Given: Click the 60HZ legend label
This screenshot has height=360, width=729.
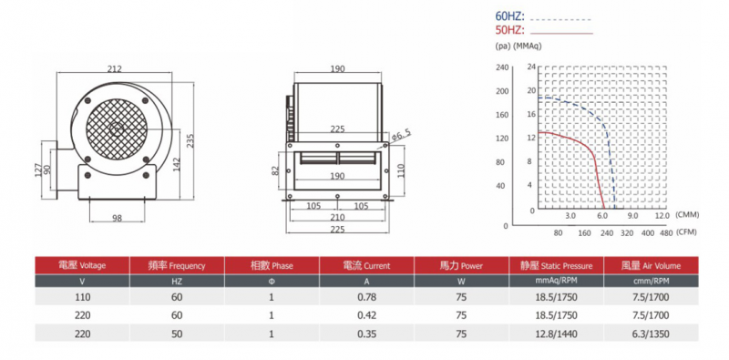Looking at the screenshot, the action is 509,17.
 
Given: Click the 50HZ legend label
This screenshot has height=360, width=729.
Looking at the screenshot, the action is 509,31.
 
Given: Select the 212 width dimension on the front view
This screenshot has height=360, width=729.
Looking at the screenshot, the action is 115,69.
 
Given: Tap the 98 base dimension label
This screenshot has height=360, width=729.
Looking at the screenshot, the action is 118,218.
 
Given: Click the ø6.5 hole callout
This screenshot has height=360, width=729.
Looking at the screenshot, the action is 402,136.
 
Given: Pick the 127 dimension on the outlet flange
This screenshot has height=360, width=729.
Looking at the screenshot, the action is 39,170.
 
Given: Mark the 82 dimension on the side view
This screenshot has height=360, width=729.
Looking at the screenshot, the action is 276,170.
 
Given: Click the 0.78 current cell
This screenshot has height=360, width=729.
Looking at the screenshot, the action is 367,298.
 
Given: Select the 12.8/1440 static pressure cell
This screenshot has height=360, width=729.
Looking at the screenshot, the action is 557,334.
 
